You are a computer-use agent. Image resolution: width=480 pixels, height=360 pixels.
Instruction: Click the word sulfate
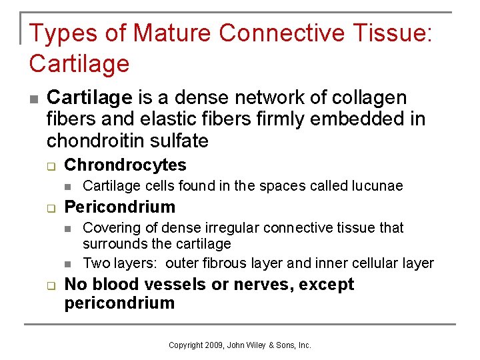[177, 141]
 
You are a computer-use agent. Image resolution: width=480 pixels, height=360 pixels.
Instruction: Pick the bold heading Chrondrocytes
[125, 165]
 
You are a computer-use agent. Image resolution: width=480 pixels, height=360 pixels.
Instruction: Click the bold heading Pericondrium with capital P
[120, 207]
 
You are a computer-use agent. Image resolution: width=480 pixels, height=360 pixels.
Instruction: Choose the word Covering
[109, 228]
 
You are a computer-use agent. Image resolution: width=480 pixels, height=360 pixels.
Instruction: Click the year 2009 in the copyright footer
[216, 345]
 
